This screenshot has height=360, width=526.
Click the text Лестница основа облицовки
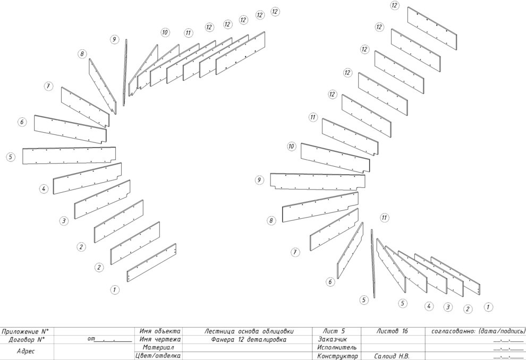[x=249, y=331]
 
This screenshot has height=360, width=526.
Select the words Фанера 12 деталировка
[x=249, y=339]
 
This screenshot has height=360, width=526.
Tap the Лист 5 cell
[x=334, y=331]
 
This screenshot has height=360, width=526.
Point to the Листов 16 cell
[x=392, y=331]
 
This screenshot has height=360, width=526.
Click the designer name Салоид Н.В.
[x=392, y=356]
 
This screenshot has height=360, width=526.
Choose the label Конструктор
[x=337, y=356]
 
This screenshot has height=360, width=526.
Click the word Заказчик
[x=332, y=339]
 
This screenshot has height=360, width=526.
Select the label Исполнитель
[x=337, y=348]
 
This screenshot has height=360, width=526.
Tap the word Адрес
[x=26, y=352]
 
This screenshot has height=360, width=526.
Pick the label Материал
[x=158, y=348]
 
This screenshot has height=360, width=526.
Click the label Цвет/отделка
[x=158, y=356]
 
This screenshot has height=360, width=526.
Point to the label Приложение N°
[x=25, y=331]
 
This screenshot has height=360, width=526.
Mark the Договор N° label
[x=27, y=339]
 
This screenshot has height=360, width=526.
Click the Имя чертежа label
[x=160, y=339]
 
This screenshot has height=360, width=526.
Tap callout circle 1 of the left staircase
[x=115, y=289]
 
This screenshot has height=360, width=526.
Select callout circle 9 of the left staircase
[x=114, y=39]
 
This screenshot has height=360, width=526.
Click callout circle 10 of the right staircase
[x=291, y=146]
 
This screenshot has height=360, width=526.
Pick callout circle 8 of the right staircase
[x=271, y=220]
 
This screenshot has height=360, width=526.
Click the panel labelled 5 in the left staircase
[x=69, y=156]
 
